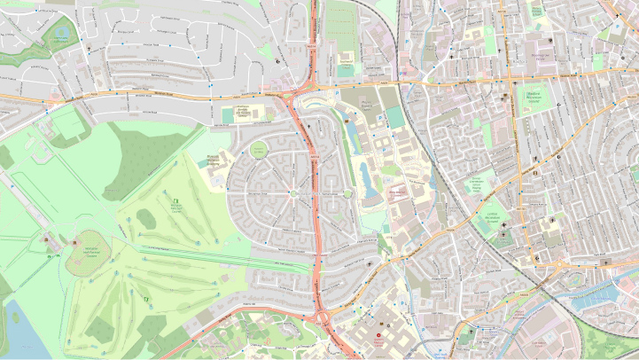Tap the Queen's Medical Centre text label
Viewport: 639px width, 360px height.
pos(380,342)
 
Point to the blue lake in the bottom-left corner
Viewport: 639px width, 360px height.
pos(16,328)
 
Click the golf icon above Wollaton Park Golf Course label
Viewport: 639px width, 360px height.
pos(175,202)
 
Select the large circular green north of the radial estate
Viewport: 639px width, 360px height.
pos(258,150)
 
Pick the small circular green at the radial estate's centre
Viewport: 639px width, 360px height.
pos(293,192)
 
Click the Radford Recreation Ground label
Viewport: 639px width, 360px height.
pos(531,100)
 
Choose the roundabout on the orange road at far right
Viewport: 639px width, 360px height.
pos(561,262)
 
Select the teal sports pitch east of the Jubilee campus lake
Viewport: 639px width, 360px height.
pos(393,118)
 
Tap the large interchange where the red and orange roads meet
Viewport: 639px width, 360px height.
pos(300,92)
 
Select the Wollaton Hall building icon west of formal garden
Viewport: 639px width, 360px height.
pos(46,240)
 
